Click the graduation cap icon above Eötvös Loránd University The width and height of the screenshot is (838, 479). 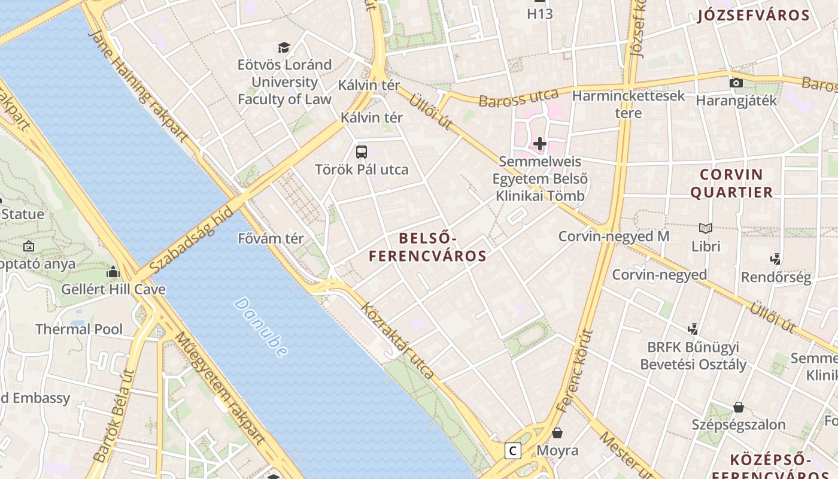coord(284,47)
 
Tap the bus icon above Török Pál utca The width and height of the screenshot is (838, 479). coord(362,151)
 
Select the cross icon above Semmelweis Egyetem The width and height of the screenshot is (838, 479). coord(540,144)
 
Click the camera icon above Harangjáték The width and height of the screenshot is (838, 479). coord(736,83)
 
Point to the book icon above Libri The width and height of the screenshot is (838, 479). coord(706,228)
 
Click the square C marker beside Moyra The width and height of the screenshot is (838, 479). coord(513,450)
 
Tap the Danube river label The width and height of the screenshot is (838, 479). coord(261,327)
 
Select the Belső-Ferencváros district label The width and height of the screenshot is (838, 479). coord(427,247)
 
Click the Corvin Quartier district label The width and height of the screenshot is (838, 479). coord(731,183)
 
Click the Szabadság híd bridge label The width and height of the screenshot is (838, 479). coord(191,239)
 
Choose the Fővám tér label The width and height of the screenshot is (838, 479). coord(271,238)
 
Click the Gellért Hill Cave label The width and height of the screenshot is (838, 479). coord(113,289)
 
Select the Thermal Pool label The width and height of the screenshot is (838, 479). coord(79,329)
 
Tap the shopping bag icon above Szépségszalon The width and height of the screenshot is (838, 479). coord(739,407)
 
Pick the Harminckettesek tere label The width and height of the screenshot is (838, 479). coord(628,104)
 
